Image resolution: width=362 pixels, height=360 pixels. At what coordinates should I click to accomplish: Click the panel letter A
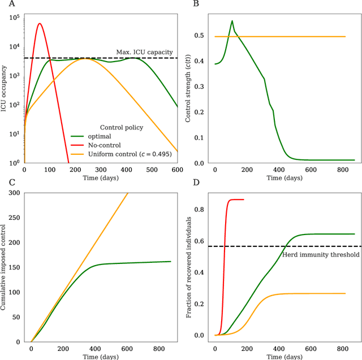pyautogui.click(x=4, y=4)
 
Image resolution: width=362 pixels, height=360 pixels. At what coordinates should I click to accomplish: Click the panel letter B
pyautogui.click(x=196, y=4)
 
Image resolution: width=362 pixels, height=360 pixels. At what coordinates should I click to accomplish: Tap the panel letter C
pyautogui.click(x=4, y=183)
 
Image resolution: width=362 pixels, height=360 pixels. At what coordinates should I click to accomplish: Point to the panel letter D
pyautogui.click(x=196, y=183)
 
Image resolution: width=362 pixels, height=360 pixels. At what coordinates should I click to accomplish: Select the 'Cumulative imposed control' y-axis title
pyautogui.click(x=5, y=267)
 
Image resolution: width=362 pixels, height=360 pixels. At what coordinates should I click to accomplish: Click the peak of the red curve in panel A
pyautogui.click(x=39, y=24)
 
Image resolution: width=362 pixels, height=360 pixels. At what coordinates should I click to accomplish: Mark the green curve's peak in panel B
pyautogui.click(x=232, y=21)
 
